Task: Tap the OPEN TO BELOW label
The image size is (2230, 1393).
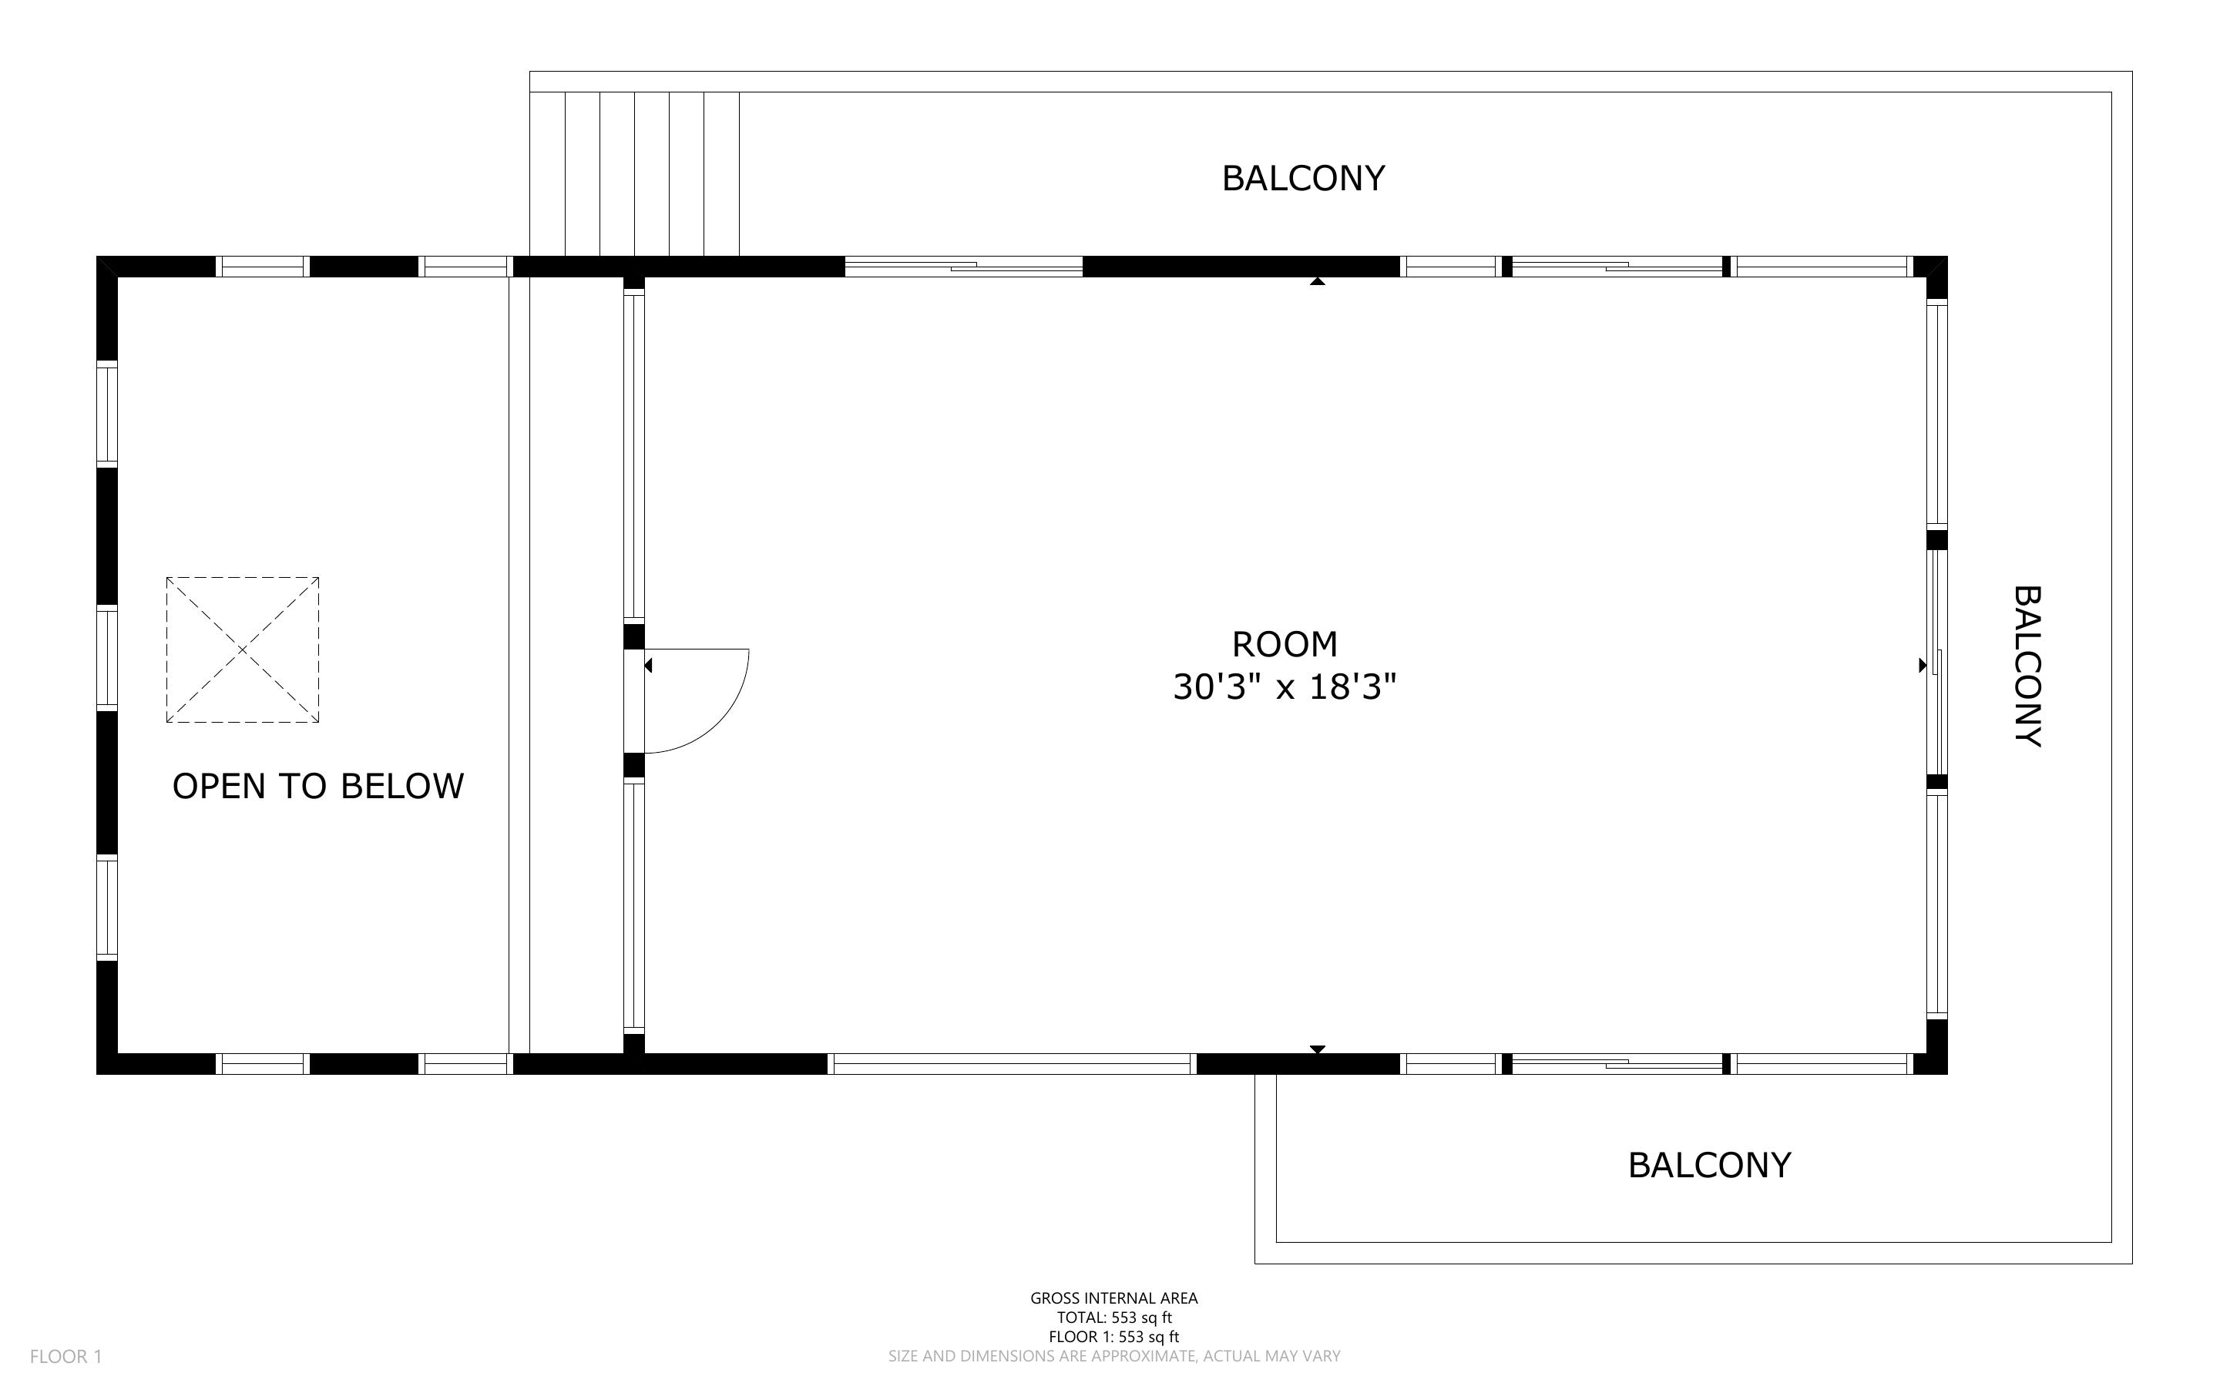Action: point(317,786)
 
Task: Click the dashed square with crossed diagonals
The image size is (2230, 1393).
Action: point(242,650)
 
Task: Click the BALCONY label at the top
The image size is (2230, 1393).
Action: point(1302,178)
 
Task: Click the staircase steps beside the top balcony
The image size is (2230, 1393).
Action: point(635,173)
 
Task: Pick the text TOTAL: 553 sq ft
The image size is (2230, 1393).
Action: point(1113,1317)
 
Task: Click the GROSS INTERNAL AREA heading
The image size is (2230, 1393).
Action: point(1113,1298)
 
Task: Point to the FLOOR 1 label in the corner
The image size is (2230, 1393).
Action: point(65,1356)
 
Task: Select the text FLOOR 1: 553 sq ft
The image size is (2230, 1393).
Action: point(1113,1337)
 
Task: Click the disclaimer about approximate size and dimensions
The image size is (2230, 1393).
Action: point(1113,1356)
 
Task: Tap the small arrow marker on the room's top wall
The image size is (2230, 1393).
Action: point(1317,281)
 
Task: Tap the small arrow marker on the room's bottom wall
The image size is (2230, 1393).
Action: point(1317,1049)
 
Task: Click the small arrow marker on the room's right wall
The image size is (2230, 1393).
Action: point(1923,665)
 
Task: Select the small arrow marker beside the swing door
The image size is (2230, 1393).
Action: point(649,665)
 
